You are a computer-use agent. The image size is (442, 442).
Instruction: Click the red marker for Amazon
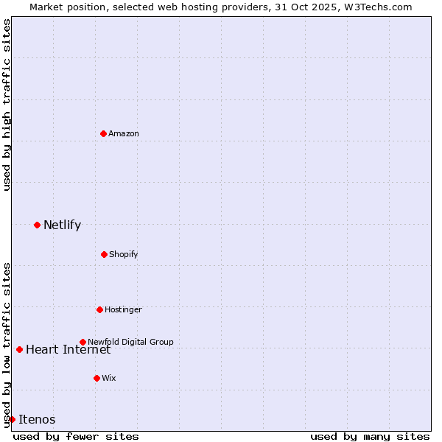tap(104, 133)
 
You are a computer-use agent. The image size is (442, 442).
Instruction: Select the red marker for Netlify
tap(37, 225)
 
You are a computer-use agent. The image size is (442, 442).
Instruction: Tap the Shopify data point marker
tap(104, 254)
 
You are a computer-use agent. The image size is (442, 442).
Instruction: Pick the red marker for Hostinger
tap(99, 309)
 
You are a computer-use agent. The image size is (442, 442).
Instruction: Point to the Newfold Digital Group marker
tap(83, 342)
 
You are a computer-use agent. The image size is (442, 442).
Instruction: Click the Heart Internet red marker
tap(19, 349)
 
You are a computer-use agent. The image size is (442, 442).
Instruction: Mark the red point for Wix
tap(97, 378)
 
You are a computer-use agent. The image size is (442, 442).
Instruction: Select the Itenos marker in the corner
tap(12, 419)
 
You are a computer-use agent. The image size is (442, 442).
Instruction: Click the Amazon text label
tap(124, 133)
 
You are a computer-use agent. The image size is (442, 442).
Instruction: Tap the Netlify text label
tap(62, 225)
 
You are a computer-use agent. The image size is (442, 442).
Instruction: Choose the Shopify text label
tap(124, 254)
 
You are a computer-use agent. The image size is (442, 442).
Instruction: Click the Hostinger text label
tap(123, 309)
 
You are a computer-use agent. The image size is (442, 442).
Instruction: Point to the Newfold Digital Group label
tap(131, 342)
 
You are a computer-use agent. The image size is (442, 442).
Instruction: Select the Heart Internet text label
tap(68, 349)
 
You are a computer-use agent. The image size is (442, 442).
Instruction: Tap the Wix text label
tap(109, 378)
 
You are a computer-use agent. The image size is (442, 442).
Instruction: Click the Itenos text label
tap(37, 420)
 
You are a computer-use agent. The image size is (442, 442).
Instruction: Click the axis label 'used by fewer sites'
tap(76, 436)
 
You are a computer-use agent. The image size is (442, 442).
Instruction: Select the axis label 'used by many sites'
tap(370, 436)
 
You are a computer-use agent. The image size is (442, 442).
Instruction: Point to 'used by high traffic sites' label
tap(7, 105)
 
